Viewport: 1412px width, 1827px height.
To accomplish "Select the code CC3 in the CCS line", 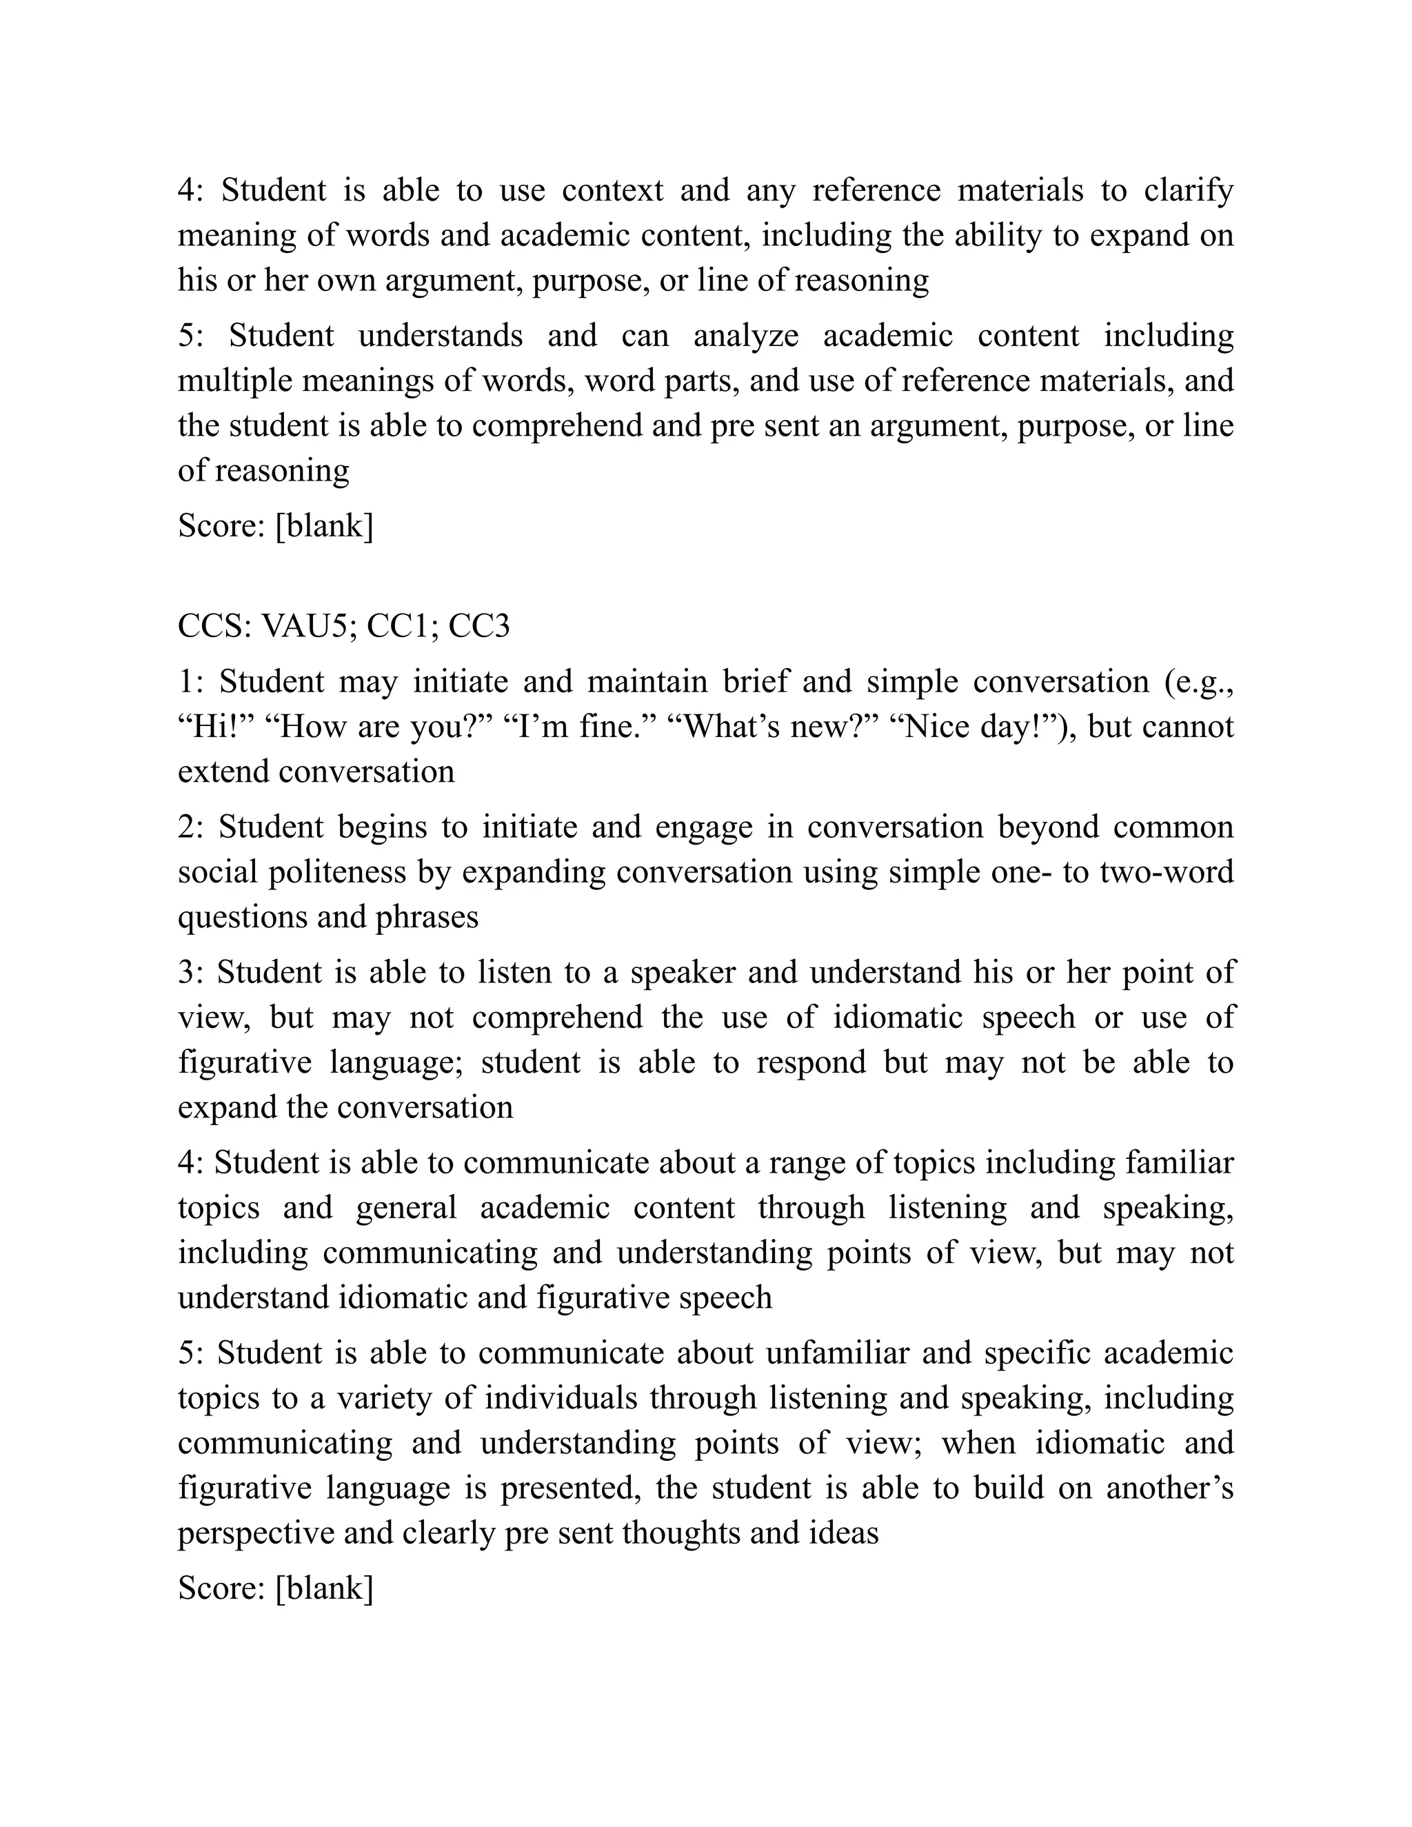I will click(x=478, y=627).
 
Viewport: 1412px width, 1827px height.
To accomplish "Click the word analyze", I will click(x=746, y=336).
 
